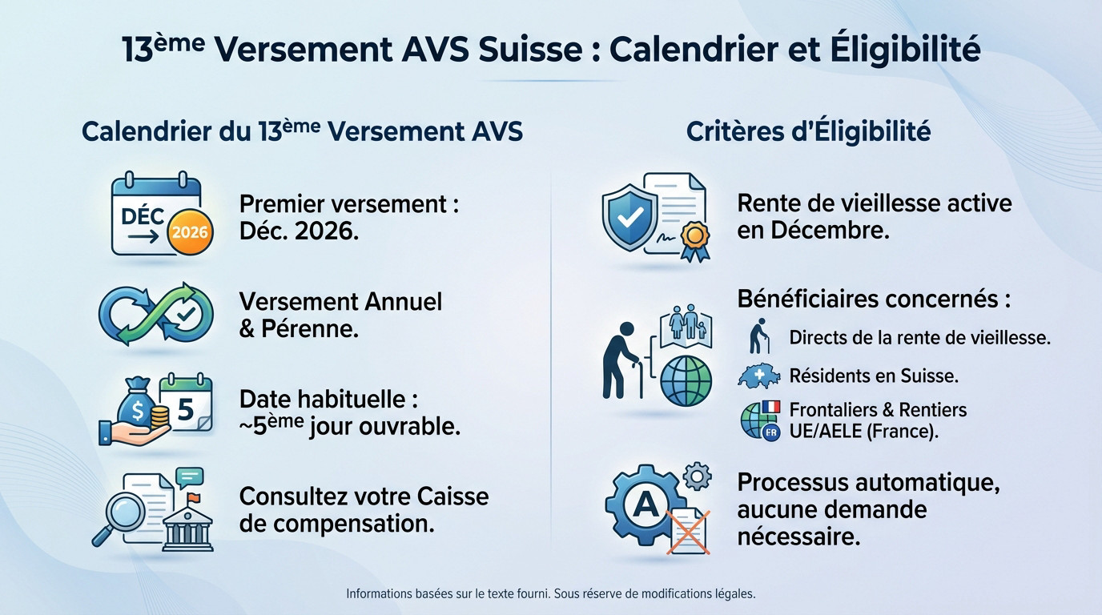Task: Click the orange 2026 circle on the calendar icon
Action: point(190,232)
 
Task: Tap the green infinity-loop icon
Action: point(155,313)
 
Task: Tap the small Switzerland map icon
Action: point(759,376)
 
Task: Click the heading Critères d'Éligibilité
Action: point(808,131)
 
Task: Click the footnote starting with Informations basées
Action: point(550,594)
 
